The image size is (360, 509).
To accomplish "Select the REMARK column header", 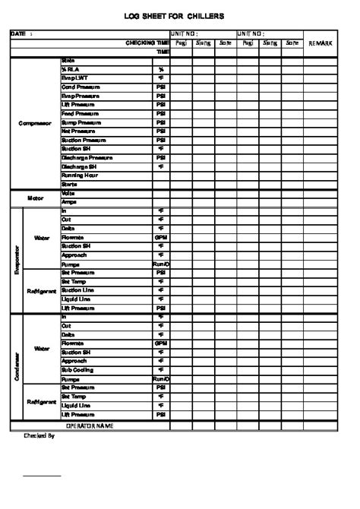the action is point(320,44).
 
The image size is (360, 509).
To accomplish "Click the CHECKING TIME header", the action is point(147,43).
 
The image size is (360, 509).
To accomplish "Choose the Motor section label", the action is point(36,198).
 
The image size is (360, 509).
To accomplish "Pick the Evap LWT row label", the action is point(74,77).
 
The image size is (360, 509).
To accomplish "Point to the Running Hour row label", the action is point(79,175).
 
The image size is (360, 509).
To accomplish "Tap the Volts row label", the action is point(68,193).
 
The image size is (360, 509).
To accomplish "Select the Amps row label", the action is point(69,202).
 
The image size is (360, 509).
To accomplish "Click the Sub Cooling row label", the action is point(77,370).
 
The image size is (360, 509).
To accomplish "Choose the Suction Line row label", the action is point(78,290).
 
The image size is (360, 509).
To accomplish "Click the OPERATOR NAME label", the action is point(90,426).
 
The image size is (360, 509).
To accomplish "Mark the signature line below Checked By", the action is point(42,476).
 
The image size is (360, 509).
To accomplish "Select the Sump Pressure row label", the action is point(81,122).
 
